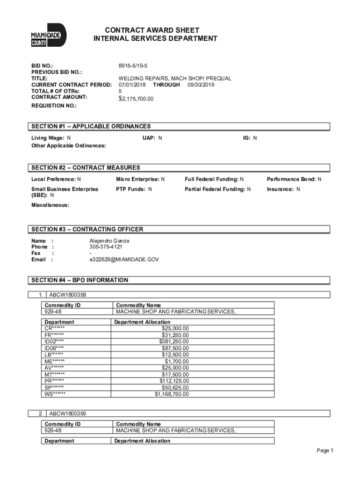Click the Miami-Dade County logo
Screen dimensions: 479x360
(49, 35)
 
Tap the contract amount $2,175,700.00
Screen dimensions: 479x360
(136, 99)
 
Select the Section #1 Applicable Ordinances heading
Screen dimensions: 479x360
(91, 126)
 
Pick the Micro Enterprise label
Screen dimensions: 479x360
(138, 179)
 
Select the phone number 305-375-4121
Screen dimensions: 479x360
(106, 247)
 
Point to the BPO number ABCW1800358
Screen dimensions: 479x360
(68, 295)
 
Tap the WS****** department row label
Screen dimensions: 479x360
(55, 394)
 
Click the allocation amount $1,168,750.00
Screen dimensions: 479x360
(172, 394)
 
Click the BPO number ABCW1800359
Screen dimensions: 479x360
(68, 414)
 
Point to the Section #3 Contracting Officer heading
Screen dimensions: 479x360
(87, 229)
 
